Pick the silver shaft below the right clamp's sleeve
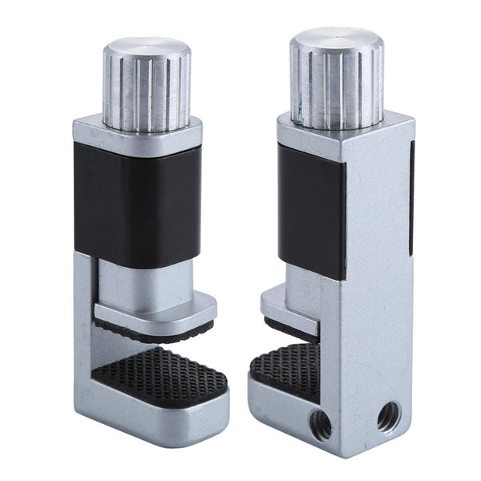[305, 281]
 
